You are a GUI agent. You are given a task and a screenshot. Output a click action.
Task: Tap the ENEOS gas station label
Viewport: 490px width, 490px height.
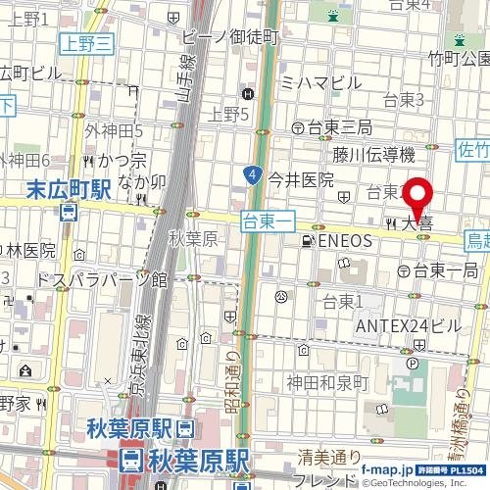pyautogui.click(x=344, y=240)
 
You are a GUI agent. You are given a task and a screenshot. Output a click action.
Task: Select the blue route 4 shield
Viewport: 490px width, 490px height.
pyautogui.click(x=253, y=175)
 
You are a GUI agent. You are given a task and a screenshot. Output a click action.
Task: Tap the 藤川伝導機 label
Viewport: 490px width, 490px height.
pyautogui.click(x=373, y=154)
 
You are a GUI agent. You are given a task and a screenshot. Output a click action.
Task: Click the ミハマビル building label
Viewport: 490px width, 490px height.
pyautogui.click(x=320, y=83)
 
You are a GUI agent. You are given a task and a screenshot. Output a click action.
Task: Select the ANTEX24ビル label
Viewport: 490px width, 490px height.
pyautogui.click(x=407, y=324)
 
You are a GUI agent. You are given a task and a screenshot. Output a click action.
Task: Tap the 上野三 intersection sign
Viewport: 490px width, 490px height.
pyautogui.click(x=87, y=41)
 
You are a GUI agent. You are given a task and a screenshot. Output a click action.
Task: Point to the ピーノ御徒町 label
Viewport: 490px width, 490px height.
pyautogui.click(x=231, y=36)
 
